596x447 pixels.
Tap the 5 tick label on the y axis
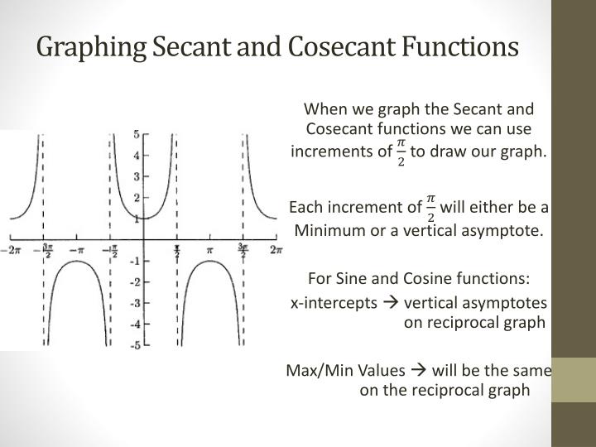[x=136, y=133]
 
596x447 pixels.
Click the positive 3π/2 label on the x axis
[x=244, y=248]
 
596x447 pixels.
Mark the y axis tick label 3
[x=136, y=175]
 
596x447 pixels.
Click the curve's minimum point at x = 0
[x=144, y=218]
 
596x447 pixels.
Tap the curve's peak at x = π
[x=210, y=261]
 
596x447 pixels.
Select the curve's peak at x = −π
[x=78, y=261]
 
